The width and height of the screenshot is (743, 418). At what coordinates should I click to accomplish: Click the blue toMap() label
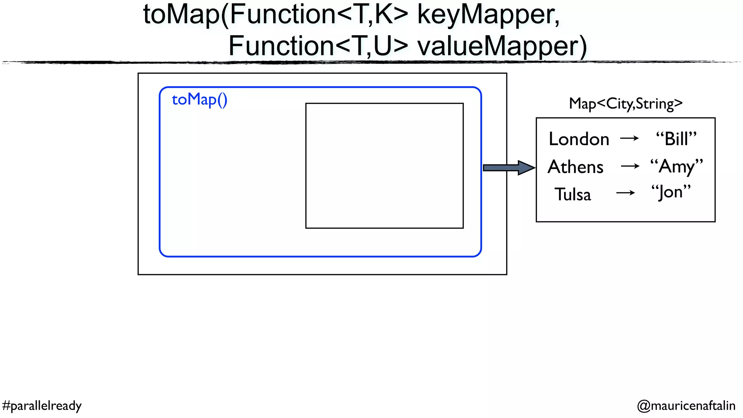tap(200, 99)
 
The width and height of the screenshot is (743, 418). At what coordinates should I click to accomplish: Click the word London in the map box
tap(579, 139)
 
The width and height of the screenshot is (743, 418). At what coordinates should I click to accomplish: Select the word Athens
tap(575, 167)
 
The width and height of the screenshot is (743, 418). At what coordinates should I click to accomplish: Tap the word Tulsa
tap(573, 194)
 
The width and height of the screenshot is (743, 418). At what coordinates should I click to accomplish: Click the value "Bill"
tap(676, 139)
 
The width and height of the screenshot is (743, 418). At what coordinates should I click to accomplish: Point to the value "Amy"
tap(676, 167)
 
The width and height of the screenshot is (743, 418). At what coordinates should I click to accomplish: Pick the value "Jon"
tap(671, 192)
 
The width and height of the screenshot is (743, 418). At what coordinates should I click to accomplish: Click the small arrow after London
tap(629, 138)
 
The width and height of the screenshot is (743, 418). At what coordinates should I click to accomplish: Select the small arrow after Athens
tap(630, 167)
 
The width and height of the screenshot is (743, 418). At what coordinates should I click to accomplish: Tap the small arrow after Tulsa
tap(625, 193)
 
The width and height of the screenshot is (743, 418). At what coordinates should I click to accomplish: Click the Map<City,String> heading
tap(625, 104)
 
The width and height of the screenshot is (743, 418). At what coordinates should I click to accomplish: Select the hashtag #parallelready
tap(42, 406)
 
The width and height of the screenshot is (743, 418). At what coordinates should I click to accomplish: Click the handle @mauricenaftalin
tap(686, 406)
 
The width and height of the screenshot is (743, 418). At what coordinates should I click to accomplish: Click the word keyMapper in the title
tap(488, 15)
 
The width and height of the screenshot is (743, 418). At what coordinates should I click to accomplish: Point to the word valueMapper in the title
tap(502, 46)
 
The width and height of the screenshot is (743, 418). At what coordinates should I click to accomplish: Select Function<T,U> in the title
tap(318, 46)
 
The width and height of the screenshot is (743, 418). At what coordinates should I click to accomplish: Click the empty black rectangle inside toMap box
tap(384, 166)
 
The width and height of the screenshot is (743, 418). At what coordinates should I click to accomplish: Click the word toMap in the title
tap(181, 15)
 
